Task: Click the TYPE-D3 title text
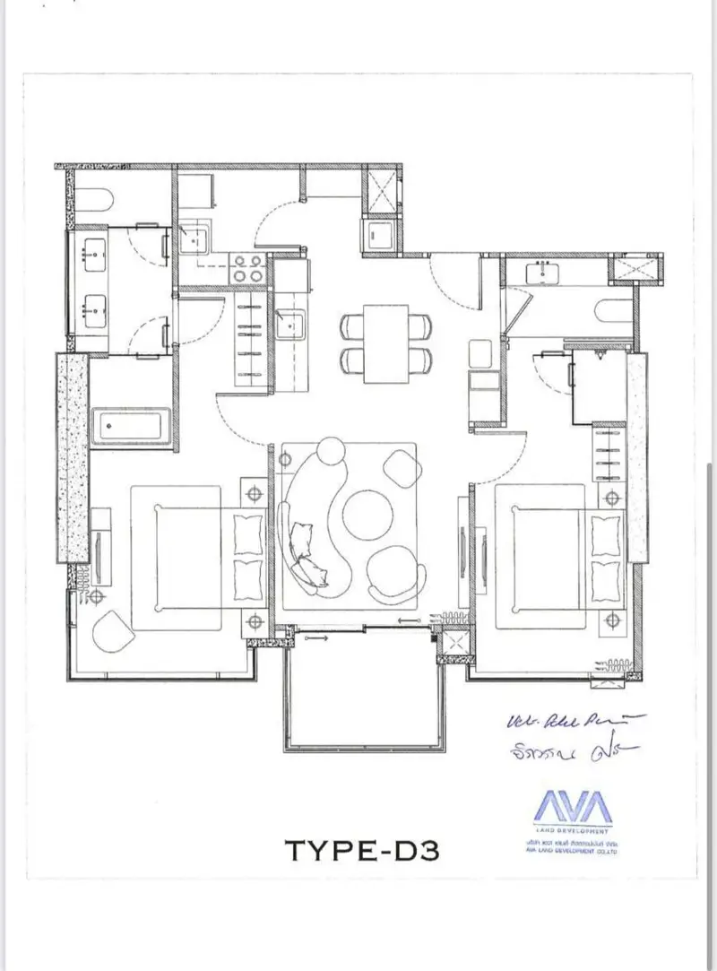tap(361, 848)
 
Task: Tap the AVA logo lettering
tap(574, 805)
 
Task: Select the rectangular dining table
tap(386, 343)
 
